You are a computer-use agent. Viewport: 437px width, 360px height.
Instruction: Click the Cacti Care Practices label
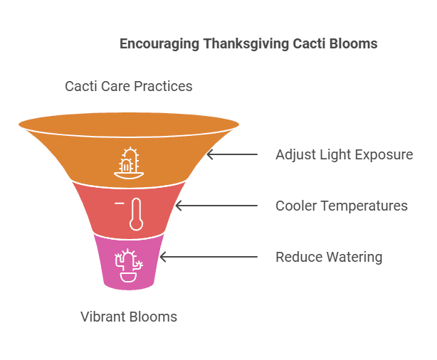(x=129, y=87)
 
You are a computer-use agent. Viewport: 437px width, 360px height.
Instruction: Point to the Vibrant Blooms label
(x=129, y=317)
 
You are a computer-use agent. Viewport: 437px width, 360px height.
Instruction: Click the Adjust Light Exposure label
(x=344, y=154)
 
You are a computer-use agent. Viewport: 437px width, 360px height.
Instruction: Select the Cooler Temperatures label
(x=342, y=206)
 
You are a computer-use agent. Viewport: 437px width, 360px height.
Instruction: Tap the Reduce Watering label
(x=329, y=257)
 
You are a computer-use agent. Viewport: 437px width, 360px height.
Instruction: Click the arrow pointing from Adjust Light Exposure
(x=231, y=154)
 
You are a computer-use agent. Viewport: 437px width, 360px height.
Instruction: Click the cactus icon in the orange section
(x=129, y=162)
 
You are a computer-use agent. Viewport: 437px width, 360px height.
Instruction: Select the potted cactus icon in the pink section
(x=129, y=266)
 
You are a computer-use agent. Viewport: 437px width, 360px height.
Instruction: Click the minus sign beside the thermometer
(x=119, y=203)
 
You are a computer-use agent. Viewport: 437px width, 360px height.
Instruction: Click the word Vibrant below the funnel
(x=102, y=317)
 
